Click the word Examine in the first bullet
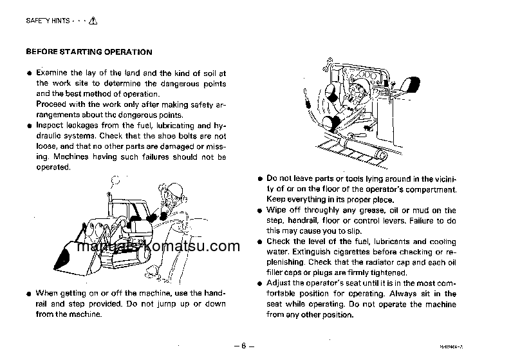(x=52, y=73)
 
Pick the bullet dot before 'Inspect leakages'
(x=29, y=126)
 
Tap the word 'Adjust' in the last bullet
(x=279, y=283)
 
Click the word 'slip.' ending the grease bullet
(x=346, y=231)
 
